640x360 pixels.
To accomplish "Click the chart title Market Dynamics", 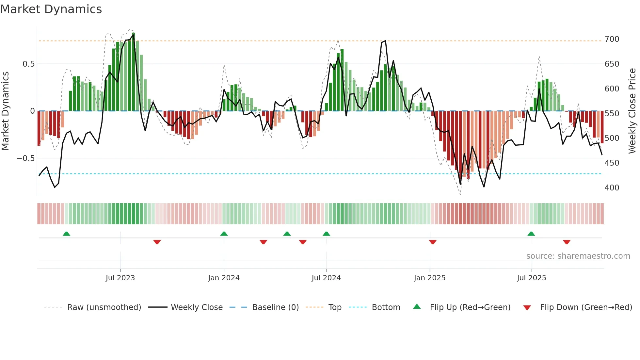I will (51, 9).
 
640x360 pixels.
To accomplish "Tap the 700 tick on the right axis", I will (612, 39).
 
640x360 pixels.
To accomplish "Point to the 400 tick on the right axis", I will (612, 188).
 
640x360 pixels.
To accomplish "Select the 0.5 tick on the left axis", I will (28, 64).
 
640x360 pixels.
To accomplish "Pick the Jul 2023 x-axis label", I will (120, 278).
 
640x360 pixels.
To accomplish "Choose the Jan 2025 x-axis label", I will (429, 278).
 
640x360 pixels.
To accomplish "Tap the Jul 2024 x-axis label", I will (326, 278).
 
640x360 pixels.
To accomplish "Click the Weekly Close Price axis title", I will (632, 111).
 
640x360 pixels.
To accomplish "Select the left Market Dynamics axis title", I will (5, 111).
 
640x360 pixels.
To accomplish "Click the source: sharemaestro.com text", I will (578, 256).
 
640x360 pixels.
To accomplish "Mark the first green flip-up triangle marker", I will (66, 234).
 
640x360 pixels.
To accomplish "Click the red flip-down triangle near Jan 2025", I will (433, 242).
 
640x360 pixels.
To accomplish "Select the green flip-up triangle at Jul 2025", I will (531, 234).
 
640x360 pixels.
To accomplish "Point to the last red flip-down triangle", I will (567, 242).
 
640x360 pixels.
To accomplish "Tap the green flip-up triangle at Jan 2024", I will (224, 234).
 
